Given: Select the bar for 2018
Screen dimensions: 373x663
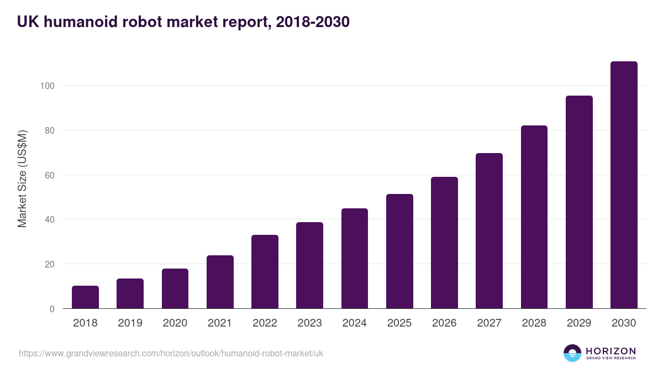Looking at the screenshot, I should pyautogui.click(x=85, y=297).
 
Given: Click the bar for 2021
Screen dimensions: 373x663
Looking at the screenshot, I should pyautogui.click(x=220, y=282).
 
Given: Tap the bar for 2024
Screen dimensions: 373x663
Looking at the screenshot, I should pyautogui.click(x=355, y=259).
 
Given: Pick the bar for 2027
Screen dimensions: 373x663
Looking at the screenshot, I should pyautogui.click(x=489, y=231).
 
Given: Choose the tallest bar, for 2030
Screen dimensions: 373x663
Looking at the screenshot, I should pyautogui.click(x=624, y=185).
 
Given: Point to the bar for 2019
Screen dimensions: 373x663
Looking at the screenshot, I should pyautogui.click(x=130, y=293).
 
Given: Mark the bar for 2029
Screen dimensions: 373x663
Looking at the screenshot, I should pyautogui.click(x=579, y=202).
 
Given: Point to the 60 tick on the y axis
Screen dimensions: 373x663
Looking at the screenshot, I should pyautogui.click(x=49, y=175).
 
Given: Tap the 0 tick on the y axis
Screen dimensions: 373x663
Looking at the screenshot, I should pyautogui.click(x=52, y=309).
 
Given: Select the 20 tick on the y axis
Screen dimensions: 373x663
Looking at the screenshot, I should pyautogui.click(x=49, y=264).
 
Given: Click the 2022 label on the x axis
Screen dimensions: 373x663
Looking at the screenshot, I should pyautogui.click(x=265, y=323).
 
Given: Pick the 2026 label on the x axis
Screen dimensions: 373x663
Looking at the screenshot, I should pyautogui.click(x=444, y=323).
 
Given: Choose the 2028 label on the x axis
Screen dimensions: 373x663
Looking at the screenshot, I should pyautogui.click(x=534, y=323).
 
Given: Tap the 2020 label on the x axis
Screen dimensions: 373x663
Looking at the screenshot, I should pyautogui.click(x=175, y=323).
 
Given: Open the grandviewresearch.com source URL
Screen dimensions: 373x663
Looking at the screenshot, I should pyautogui.click(x=171, y=353).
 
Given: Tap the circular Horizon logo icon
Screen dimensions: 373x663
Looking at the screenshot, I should pyautogui.click(x=572, y=353).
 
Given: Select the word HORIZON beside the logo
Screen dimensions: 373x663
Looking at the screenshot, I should pyautogui.click(x=611, y=351).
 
